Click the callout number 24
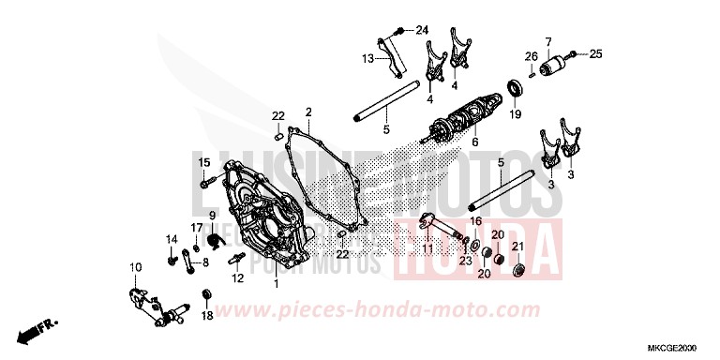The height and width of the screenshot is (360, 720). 423,31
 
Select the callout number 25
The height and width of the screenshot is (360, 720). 594,54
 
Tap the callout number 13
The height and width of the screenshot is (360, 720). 367,58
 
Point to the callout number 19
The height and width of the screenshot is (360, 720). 515,114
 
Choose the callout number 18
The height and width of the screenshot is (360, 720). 206,316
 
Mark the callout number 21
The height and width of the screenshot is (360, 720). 517,247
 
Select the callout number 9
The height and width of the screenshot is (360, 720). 213,217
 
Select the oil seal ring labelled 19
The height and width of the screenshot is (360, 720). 514,89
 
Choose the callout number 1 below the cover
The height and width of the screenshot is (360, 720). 276,282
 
